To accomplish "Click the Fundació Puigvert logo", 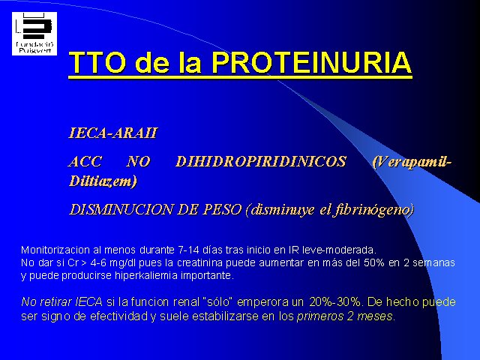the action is click(34, 34).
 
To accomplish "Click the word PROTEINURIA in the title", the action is click(312, 62).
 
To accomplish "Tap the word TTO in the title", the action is click(97, 62).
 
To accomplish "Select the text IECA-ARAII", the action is click(113, 133).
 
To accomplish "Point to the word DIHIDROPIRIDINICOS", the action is click(261, 161).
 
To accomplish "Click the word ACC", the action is click(85, 161).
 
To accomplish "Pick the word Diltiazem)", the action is click(103, 181).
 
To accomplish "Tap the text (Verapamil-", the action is click(412, 162).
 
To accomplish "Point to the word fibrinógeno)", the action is click(373, 210).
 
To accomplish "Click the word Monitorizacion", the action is click(55, 250).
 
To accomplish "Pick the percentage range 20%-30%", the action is click(335, 301).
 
